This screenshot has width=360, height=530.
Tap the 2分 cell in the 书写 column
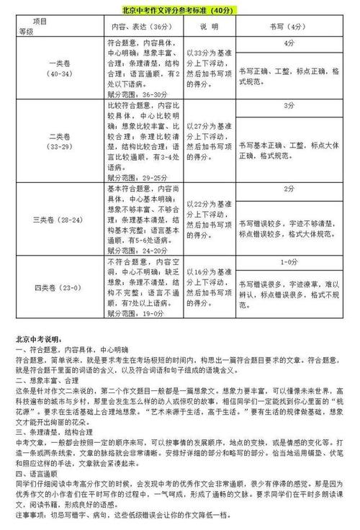pos(289,189)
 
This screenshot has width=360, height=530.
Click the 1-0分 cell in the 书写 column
pos(289,262)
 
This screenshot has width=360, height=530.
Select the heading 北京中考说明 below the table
pos(40,338)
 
